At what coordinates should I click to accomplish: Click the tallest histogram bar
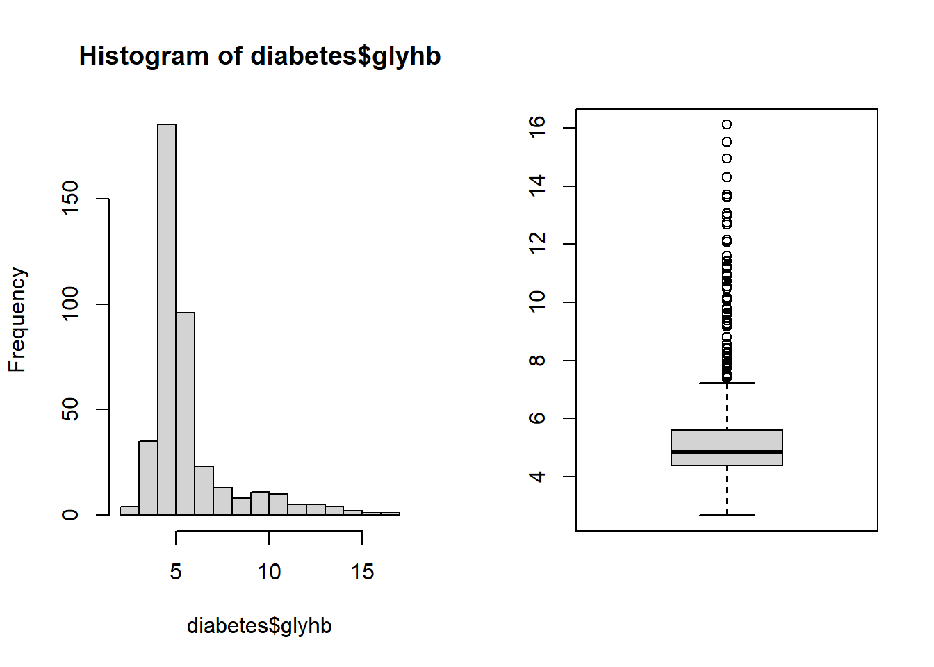167,320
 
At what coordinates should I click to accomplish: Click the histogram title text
260,56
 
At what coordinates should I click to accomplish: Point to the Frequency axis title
17,320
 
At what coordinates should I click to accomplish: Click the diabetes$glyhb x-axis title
259,625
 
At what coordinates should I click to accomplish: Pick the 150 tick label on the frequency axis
70,199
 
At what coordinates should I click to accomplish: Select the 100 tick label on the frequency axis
70,304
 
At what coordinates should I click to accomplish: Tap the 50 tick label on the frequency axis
70,409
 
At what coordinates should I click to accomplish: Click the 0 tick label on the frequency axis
70,515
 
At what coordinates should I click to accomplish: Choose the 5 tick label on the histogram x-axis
176,572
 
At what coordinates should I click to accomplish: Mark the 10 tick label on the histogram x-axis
269,572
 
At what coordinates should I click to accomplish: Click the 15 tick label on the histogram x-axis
362,572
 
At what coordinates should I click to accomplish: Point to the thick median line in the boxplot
727,452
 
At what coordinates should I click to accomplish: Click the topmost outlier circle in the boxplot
727,124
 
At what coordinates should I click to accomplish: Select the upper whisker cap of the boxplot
727,383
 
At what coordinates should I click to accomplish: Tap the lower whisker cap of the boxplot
727,515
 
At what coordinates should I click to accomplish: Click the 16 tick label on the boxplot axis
537,128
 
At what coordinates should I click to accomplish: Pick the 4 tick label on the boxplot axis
537,477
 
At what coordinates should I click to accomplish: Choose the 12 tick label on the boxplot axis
537,244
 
